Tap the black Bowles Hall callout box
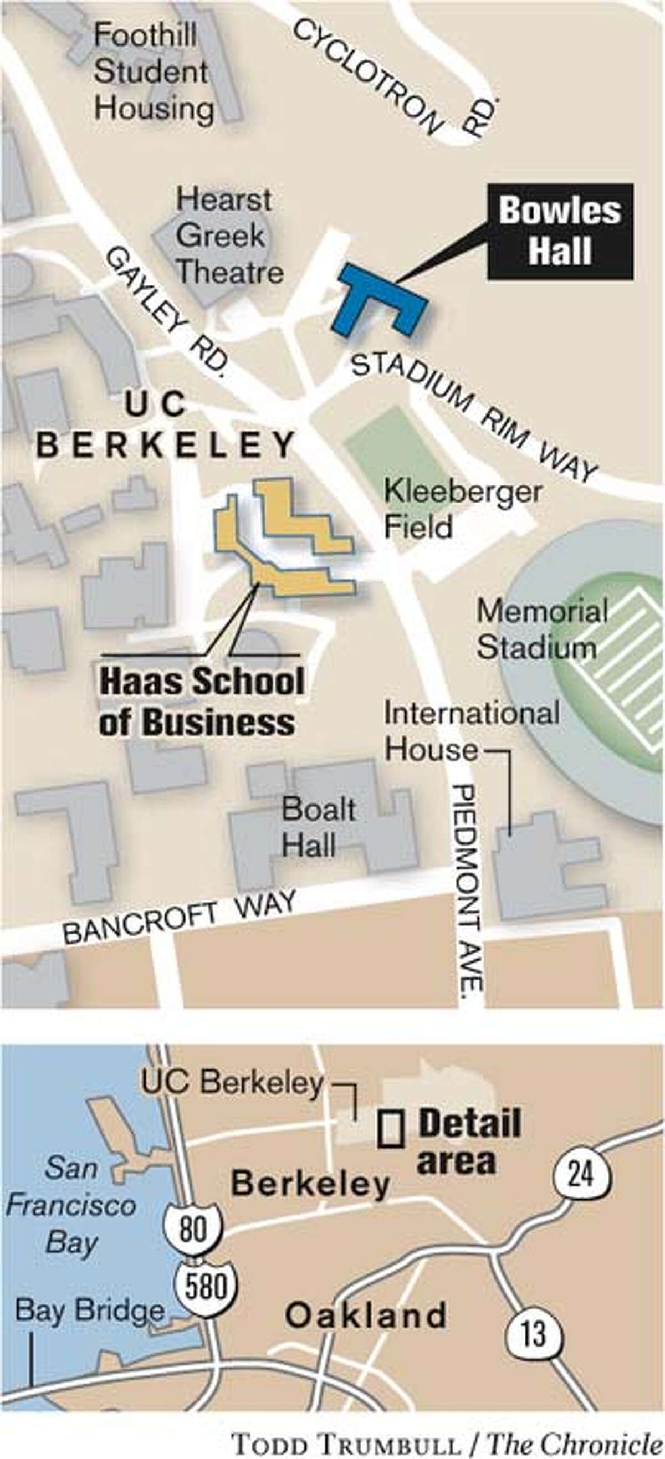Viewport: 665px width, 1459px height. [x=560, y=231]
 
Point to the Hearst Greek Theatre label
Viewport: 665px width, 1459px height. [x=229, y=236]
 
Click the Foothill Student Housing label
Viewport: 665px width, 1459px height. [x=153, y=72]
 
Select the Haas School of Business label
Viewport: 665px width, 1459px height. [x=201, y=701]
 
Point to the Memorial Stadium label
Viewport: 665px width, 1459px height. [x=541, y=629]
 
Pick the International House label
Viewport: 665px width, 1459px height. [x=470, y=731]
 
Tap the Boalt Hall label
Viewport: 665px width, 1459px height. [x=318, y=827]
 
